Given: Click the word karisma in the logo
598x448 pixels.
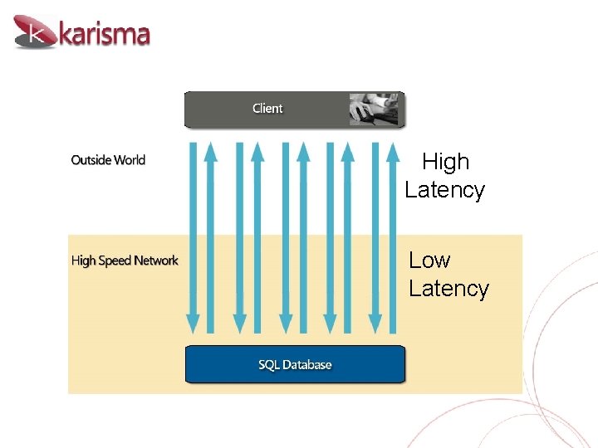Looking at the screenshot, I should click(x=105, y=34).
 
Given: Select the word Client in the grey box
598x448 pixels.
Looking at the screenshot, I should click(x=267, y=109).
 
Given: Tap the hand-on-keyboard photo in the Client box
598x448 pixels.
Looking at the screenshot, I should click(x=374, y=109).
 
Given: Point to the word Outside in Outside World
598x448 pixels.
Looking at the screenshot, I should click(x=91, y=160).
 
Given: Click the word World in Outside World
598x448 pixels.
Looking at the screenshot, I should click(x=130, y=160).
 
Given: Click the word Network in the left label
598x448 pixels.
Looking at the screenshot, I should click(x=156, y=261).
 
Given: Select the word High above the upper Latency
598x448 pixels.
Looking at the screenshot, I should click(x=446, y=162).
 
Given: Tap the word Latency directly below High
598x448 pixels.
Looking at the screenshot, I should click(x=444, y=190).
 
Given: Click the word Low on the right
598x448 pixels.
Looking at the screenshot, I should click(x=429, y=261).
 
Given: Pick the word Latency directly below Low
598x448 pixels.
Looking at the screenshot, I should click(x=448, y=289).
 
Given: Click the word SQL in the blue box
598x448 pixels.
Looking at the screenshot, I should click(x=268, y=365).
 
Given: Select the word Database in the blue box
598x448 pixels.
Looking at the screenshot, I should click(x=306, y=365).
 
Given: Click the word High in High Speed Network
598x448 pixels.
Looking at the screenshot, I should click(x=83, y=261).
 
